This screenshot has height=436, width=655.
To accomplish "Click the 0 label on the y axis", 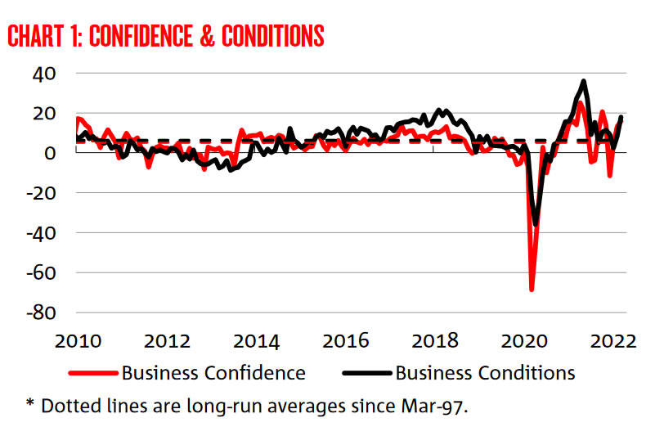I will coord(51,153).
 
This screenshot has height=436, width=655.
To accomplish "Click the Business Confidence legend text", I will coord(213,373).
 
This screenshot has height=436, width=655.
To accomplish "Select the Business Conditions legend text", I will coord(485,373).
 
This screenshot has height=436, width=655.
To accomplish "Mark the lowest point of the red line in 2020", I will coord(532,290).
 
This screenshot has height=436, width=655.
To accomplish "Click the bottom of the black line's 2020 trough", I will coord(536,223).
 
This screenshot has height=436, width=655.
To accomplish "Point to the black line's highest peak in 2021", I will coord(583,81).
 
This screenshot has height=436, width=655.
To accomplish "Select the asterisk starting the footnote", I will coord(30,403).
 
